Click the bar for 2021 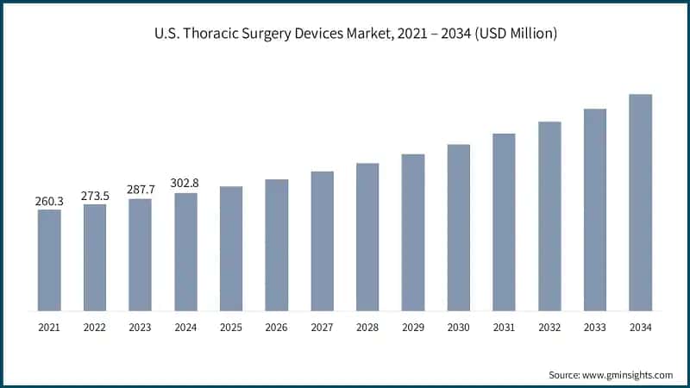[49, 260]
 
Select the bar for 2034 [640, 202]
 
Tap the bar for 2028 [367, 236]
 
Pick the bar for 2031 [504, 222]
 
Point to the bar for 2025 [231, 248]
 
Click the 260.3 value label [49, 201]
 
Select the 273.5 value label [95, 196]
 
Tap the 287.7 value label [140, 191]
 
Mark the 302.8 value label [185, 184]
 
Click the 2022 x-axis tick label [95, 328]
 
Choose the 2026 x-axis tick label [276, 328]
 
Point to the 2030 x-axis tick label [458, 328]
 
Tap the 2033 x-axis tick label [594, 328]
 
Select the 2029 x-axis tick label [413, 328]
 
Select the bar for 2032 [549, 216]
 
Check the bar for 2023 [140, 254]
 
